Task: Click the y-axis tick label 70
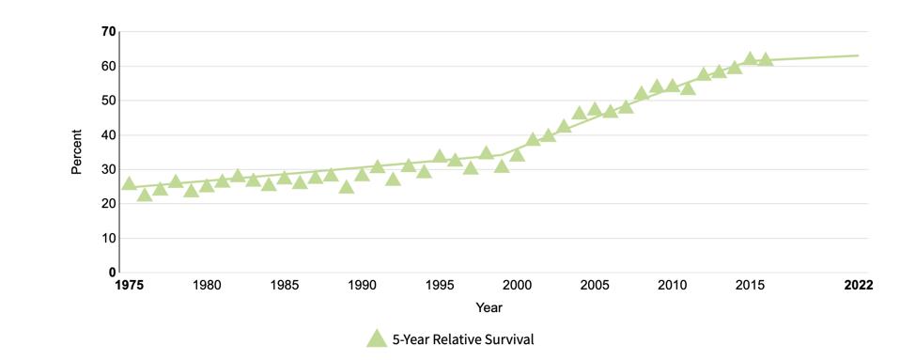point(109,32)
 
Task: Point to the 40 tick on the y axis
point(109,135)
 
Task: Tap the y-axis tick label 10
point(109,239)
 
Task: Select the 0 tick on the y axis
point(112,273)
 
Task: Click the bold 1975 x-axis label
point(130,286)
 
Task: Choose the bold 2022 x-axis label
point(858,286)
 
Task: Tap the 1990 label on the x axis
point(362,286)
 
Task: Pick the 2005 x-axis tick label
point(594,286)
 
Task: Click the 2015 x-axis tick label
point(749,286)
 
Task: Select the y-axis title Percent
point(77,152)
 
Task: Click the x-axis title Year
point(489,307)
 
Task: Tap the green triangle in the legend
point(377,339)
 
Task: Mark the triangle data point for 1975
point(130,184)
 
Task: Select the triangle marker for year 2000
point(517,154)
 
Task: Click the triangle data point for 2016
point(765,59)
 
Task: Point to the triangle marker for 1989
point(347,186)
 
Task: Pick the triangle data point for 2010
point(672,86)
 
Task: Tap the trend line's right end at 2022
point(858,55)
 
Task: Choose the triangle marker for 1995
point(440,156)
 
